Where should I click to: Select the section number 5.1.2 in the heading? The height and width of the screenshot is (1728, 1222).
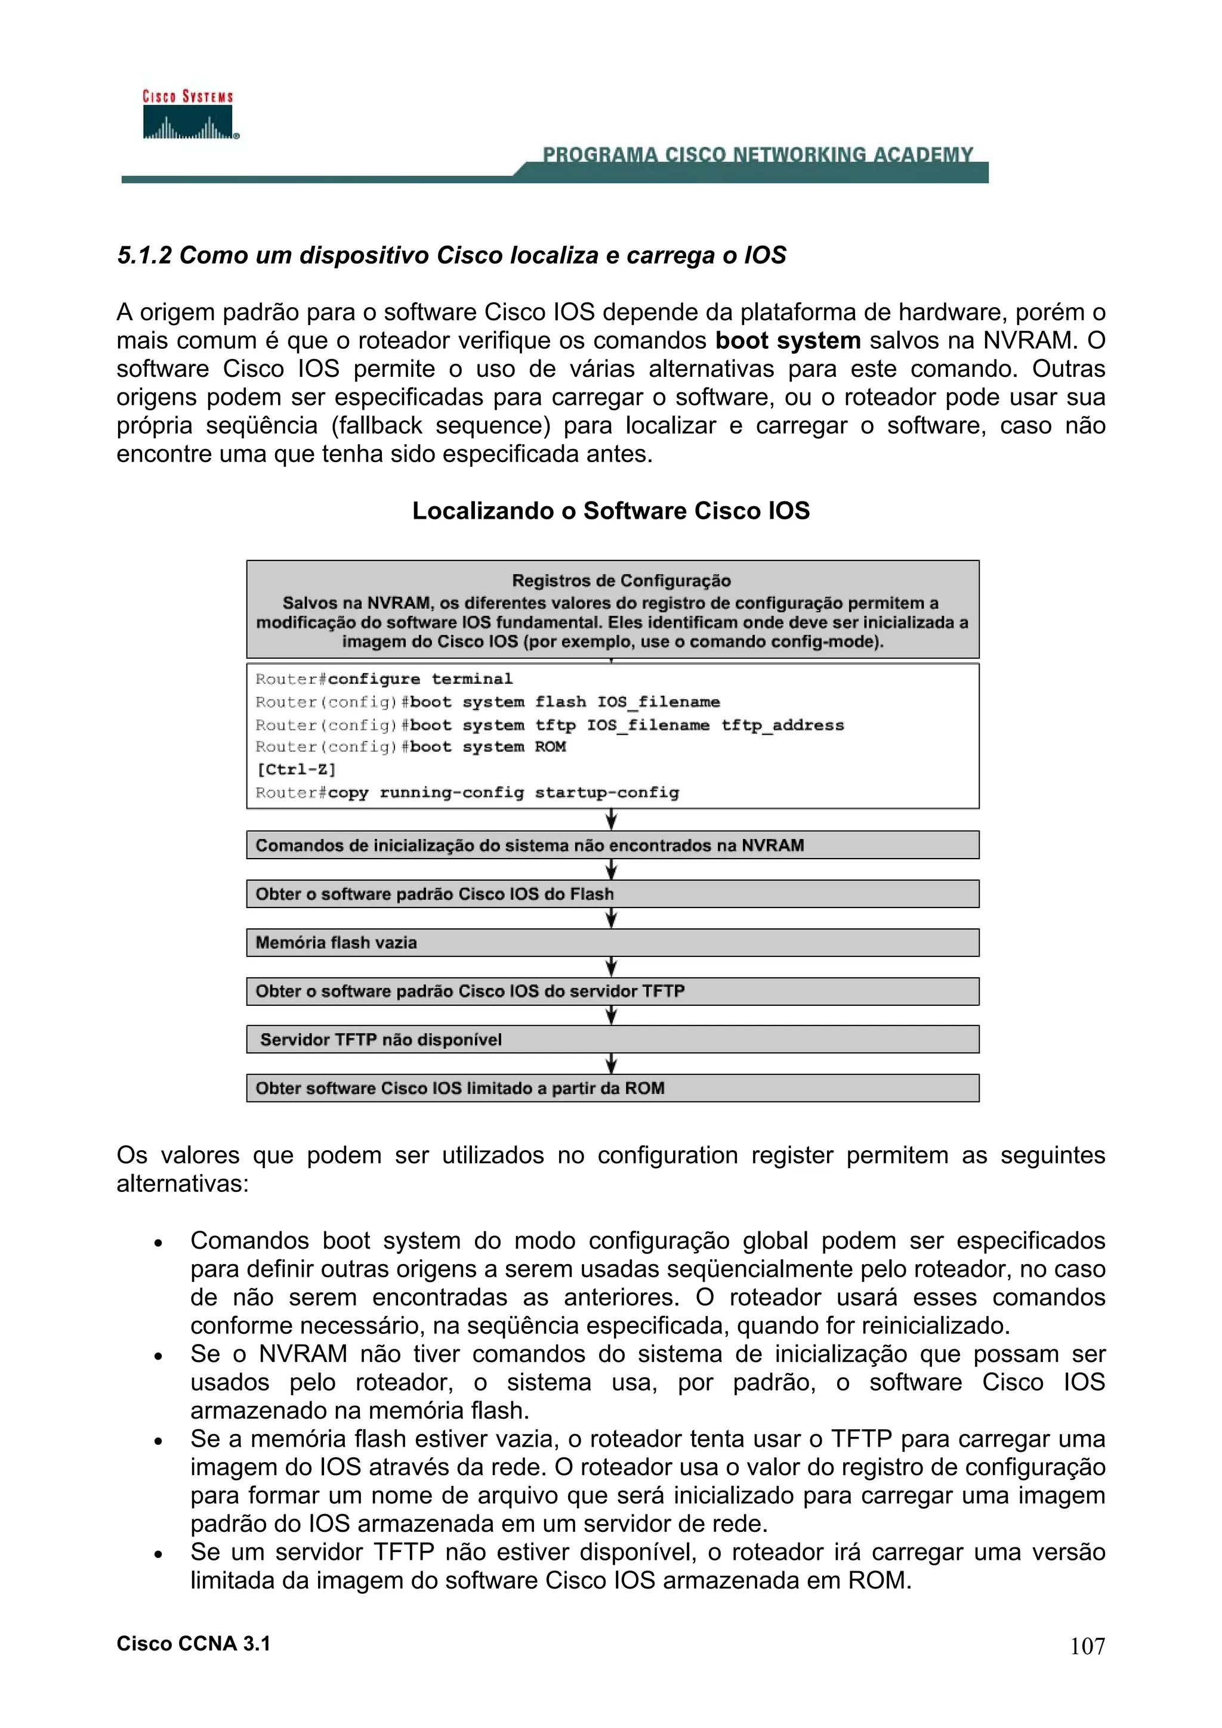[144, 255]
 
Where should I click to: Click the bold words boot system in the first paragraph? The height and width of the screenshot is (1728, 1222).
[788, 340]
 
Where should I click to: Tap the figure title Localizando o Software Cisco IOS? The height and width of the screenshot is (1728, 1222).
[610, 510]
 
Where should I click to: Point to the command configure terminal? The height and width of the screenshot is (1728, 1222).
[420, 679]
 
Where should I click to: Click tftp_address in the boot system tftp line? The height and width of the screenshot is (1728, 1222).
[782, 726]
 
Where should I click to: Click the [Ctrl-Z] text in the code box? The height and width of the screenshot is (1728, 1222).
[296, 769]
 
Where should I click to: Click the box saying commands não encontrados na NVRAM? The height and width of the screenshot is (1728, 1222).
[612, 845]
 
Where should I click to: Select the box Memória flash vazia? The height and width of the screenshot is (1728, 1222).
[612, 942]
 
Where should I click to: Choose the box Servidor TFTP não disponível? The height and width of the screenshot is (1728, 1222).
[612, 1039]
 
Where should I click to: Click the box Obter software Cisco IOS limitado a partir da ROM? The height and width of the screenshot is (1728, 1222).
[612, 1088]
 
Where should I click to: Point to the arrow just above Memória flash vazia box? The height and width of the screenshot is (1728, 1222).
[612, 918]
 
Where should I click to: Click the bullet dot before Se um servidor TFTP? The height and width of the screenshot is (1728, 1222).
[158, 1553]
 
